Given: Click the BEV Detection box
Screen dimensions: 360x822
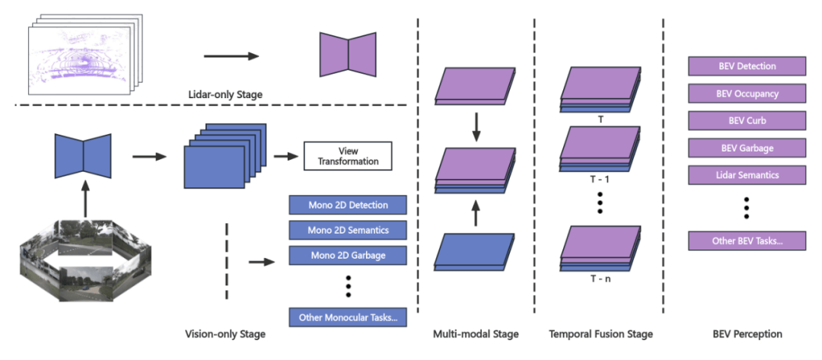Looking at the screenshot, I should [x=747, y=66].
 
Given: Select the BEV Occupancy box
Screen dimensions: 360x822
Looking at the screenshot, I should [x=747, y=94].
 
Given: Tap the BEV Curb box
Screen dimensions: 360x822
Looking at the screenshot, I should [x=747, y=121].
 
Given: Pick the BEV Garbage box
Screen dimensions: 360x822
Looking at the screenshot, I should [x=747, y=148].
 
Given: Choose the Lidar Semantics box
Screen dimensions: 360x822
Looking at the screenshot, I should [x=747, y=175].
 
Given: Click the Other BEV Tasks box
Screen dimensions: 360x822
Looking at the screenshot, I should [x=747, y=241].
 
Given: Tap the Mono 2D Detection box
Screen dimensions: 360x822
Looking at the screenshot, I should [x=348, y=205].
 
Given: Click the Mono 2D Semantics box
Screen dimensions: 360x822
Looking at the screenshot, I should [x=348, y=230].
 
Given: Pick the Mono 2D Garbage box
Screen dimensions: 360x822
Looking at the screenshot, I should [x=348, y=255].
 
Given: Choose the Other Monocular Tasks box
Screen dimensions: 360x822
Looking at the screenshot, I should [x=348, y=317].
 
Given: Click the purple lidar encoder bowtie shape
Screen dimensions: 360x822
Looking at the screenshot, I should [x=348, y=54].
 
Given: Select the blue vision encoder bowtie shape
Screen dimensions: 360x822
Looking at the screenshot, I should [x=83, y=156].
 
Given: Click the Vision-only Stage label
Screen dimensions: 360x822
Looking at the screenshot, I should [x=225, y=334].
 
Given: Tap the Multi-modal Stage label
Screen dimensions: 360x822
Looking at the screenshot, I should [x=476, y=334].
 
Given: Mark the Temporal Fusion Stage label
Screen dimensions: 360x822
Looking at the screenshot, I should [x=601, y=334].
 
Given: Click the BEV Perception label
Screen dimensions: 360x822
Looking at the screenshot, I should [x=747, y=334].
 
